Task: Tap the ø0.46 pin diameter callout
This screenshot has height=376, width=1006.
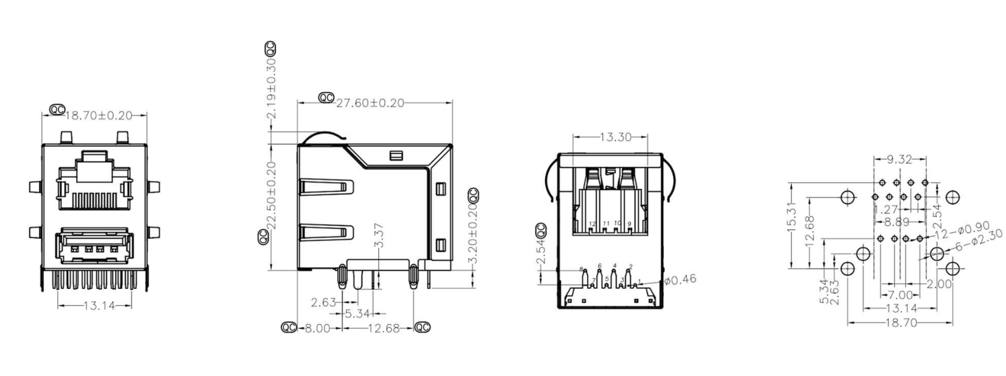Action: (680, 280)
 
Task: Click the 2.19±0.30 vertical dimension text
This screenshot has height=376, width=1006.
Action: (272, 89)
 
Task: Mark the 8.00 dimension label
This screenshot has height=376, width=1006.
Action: (317, 328)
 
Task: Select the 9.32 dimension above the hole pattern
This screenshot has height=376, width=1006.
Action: (899, 160)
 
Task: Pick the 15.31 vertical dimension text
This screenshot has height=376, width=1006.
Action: (791, 217)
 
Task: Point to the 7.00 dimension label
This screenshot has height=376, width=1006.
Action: (899, 295)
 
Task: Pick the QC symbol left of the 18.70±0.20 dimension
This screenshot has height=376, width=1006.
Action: (56, 110)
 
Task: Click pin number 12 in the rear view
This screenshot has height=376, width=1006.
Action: (593, 224)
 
